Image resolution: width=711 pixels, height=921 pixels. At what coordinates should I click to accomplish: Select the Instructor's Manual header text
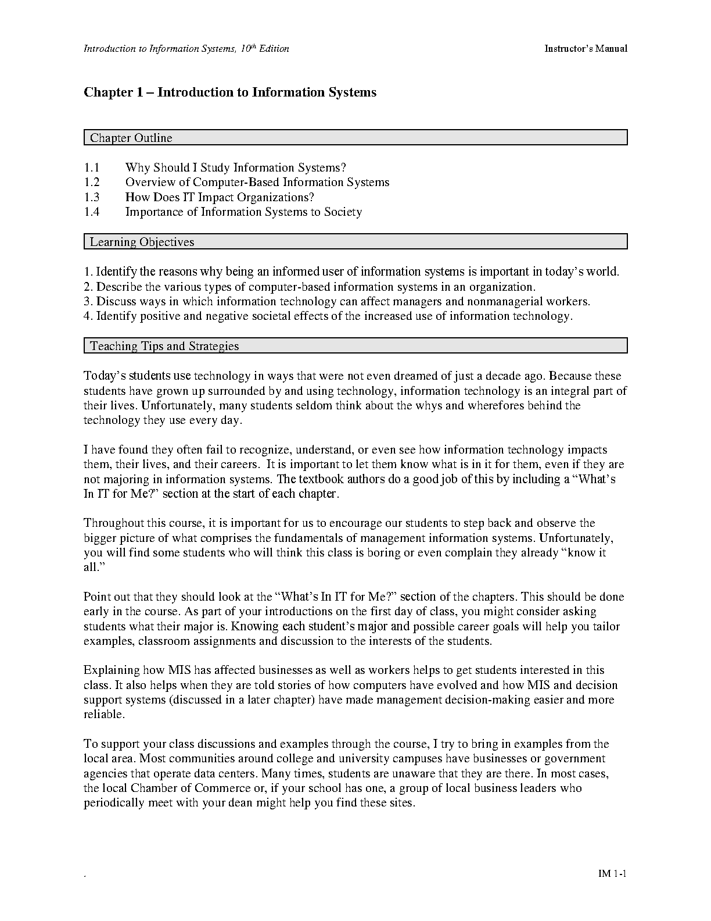(x=586, y=49)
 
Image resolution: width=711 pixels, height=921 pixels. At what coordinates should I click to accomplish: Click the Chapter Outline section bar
(x=355, y=138)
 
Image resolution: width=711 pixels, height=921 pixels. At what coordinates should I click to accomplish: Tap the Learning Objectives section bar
(x=355, y=242)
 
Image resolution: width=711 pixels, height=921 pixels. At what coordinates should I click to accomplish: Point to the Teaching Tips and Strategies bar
(x=355, y=346)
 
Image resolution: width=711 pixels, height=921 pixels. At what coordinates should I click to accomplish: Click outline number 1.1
(x=92, y=168)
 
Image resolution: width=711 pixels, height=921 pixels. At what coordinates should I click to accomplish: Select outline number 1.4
(x=92, y=212)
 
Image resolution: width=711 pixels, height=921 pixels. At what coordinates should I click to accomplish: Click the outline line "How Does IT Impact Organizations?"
(x=220, y=197)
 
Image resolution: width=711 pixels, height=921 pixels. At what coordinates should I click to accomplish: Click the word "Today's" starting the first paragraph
(x=105, y=376)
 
